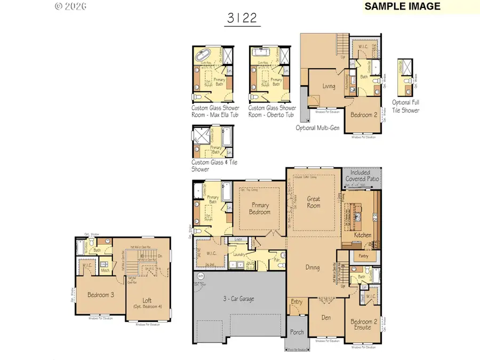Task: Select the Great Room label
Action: click(313, 203)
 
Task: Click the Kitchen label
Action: click(362, 235)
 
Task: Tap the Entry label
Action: click(297, 302)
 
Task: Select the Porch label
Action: click(297, 332)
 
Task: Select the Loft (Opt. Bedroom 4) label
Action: click(147, 303)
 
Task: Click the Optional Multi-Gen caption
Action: click(319, 127)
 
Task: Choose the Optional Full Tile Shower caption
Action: click(406, 107)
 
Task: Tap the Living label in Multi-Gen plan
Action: click(329, 86)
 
